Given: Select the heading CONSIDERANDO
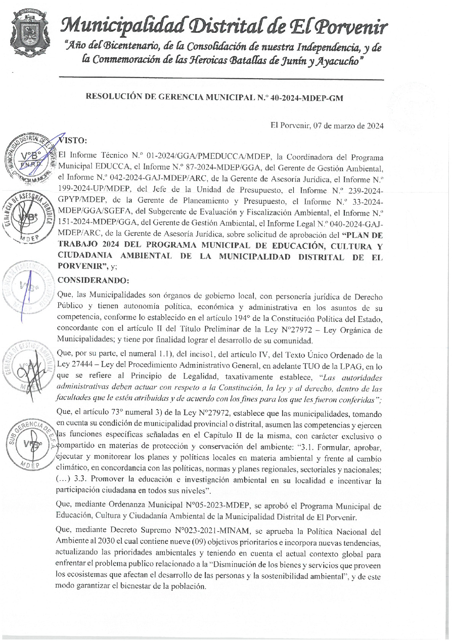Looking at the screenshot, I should pyautogui.click(x=93, y=280).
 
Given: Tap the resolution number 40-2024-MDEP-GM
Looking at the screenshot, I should pyautogui.click(x=306, y=98).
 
